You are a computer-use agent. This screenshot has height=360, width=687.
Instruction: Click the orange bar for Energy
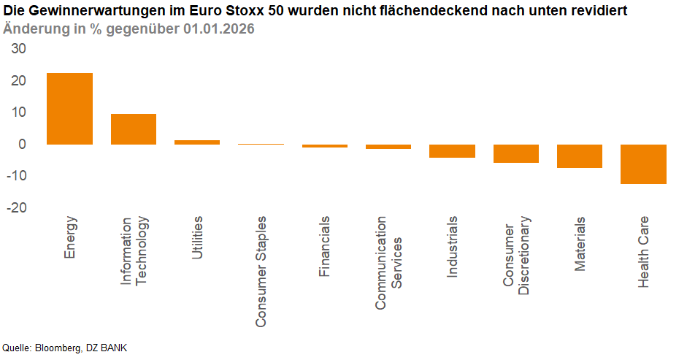coord(69,109)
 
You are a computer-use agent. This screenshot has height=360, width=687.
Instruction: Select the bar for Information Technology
coord(133,129)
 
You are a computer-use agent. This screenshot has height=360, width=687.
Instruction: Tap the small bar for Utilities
coord(196,142)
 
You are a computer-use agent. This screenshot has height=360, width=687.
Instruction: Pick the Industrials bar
coord(452,151)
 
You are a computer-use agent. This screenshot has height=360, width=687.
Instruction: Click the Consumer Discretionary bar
coord(515,153)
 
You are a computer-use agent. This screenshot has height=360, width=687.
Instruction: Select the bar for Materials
coord(580,156)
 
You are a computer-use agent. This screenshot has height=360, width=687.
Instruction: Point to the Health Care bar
coord(643,164)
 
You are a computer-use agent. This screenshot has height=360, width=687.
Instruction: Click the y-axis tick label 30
coord(17,49)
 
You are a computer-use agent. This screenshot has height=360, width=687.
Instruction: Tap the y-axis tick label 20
coord(17,81)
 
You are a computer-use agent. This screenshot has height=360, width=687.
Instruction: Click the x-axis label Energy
coord(70,237)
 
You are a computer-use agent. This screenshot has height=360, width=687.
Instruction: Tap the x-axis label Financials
coord(324,246)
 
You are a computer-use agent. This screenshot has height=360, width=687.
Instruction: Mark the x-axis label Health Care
coord(643,252)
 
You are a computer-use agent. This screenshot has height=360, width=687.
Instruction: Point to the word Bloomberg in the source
coord(57,348)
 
